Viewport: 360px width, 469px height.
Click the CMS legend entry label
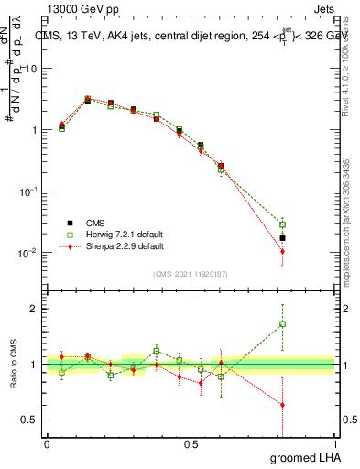click(95, 223)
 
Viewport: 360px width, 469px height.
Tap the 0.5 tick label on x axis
click(191, 445)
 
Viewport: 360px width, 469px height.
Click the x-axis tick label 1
click(335, 445)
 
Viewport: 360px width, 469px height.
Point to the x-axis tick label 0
click(47, 445)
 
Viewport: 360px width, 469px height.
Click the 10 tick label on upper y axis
click(32, 69)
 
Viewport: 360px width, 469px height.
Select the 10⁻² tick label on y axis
click(29, 252)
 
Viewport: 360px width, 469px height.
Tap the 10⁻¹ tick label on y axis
click(29, 191)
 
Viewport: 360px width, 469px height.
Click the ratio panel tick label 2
click(35, 309)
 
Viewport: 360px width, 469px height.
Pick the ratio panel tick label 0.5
click(31, 420)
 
